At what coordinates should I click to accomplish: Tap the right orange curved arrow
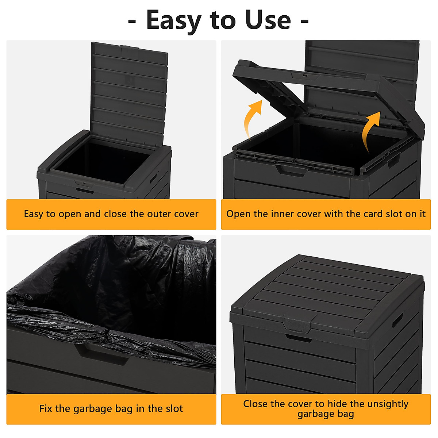pos(370,130)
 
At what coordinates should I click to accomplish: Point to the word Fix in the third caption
pos(46,409)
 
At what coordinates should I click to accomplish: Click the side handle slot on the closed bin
pos(398,319)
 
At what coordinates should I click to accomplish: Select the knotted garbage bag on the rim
pos(106,334)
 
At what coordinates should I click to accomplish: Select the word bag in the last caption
pos(345,414)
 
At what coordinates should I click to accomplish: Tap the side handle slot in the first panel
pos(154,179)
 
